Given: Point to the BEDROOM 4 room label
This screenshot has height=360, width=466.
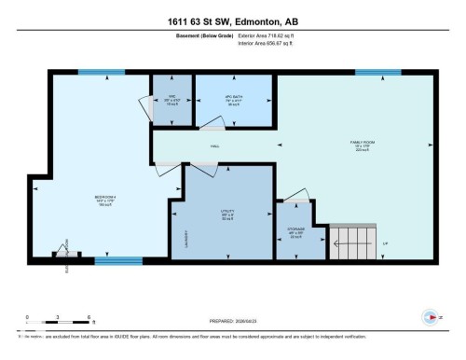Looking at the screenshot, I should click(104, 199).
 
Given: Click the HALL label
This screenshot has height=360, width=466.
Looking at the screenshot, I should click(214, 146).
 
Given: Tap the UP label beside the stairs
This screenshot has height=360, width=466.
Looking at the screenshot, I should click(385, 243).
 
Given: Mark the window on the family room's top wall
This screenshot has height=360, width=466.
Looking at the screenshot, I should click(377, 72).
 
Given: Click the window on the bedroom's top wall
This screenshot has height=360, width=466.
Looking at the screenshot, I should click(101, 72).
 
